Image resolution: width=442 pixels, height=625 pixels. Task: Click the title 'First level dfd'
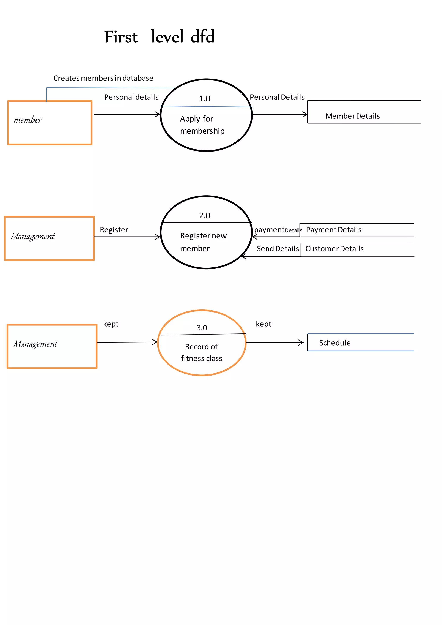pos(159,37)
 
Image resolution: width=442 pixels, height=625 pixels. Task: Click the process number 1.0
pos(204,99)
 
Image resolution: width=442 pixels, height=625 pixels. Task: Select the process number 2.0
pos(204,216)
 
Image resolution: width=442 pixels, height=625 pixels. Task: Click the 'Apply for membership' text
pos(202,125)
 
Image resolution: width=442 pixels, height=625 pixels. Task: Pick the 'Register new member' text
pos(203,242)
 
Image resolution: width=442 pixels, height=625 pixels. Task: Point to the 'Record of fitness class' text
pos(201,352)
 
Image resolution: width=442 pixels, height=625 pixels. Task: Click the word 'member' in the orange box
pos(28,120)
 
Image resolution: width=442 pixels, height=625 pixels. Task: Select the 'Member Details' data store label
pos(352,116)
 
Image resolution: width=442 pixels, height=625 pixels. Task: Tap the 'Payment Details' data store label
pos(334,230)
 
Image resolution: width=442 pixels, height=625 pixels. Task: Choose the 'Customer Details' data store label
pos(334,249)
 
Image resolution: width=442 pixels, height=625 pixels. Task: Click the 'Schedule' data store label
pos(335,343)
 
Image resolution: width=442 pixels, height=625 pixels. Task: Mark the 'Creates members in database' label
pos(103,78)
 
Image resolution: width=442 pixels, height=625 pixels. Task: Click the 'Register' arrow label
pos(114,230)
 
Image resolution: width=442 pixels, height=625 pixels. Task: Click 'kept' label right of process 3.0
pos(264,324)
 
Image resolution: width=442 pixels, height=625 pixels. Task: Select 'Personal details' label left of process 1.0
pos(131,97)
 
